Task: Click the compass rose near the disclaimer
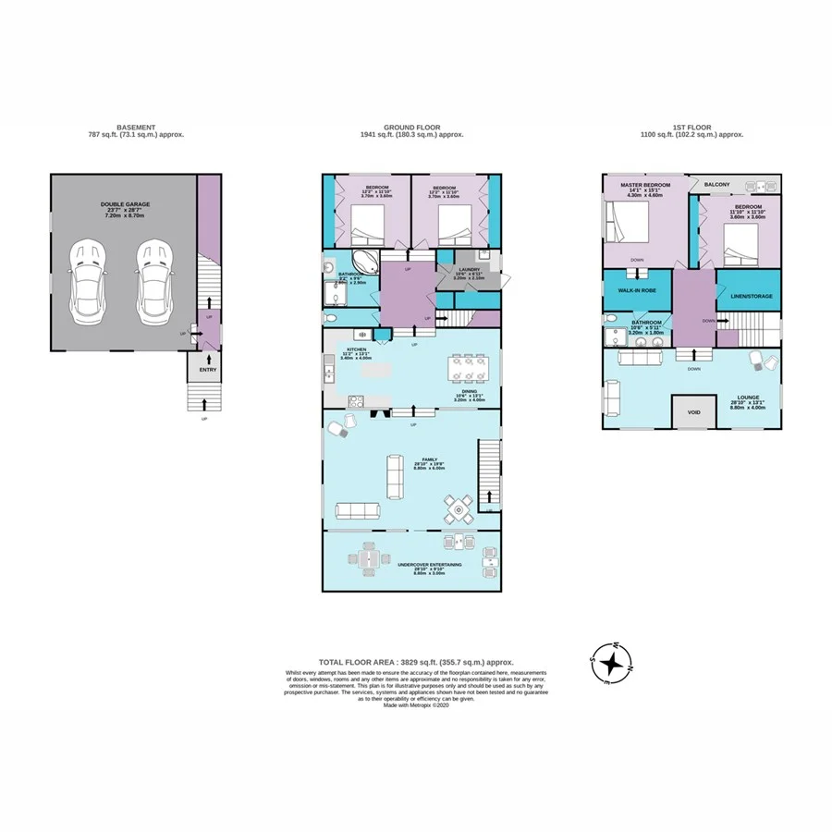612,663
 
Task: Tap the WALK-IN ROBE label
637,289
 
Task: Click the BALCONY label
716,185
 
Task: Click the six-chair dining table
469,368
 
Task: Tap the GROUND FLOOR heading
411,128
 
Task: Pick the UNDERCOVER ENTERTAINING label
430,564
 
